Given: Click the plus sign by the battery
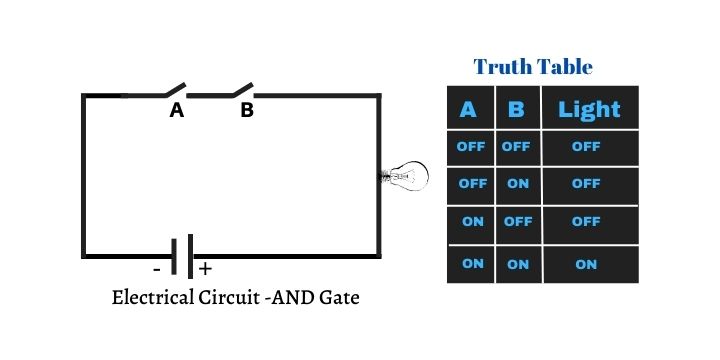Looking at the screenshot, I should [205, 269].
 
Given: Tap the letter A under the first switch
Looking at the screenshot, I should [177, 111].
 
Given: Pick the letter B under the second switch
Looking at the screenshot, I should [246, 111].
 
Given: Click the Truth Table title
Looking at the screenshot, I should [533, 67].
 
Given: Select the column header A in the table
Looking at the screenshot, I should [468, 109].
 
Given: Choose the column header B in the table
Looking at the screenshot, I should [516, 109].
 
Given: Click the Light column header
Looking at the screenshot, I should [589, 109].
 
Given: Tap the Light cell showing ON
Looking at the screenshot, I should [586, 264].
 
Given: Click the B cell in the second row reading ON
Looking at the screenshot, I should [517, 184].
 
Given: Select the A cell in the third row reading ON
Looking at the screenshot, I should [472, 222].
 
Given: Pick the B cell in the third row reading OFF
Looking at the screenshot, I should [517, 222].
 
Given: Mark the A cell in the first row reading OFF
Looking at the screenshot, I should [471, 146].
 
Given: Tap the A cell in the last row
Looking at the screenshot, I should [472, 263].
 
